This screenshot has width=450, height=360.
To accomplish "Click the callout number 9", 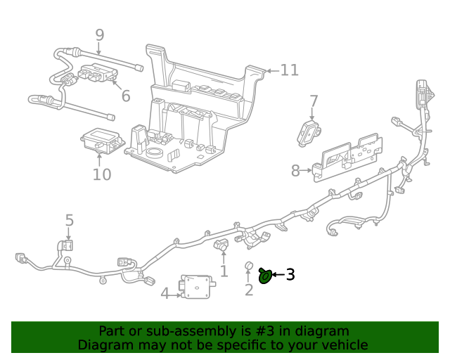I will tap(99, 34).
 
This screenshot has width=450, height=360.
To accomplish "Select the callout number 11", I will tap(289, 70).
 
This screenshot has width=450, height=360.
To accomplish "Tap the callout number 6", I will tap(125, 96).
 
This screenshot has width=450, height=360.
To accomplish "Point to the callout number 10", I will tap(102, 174).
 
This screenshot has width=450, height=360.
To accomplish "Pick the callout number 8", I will tap(296, 170).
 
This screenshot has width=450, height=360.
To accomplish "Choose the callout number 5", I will tap(69, 221).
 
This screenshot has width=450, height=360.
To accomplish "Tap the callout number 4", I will tap(165, 293).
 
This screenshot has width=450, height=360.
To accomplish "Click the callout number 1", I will tap(224, 271).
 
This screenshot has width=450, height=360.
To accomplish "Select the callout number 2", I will tap(248, 290).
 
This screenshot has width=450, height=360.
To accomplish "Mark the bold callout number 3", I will tap(290, 275).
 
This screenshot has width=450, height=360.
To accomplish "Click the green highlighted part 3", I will tap(266, 276).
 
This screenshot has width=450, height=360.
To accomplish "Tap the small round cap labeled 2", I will tap(248, 266).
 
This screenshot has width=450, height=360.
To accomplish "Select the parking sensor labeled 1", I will tap(221, 246).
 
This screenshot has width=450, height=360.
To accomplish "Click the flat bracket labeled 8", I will tap(349, 155).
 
